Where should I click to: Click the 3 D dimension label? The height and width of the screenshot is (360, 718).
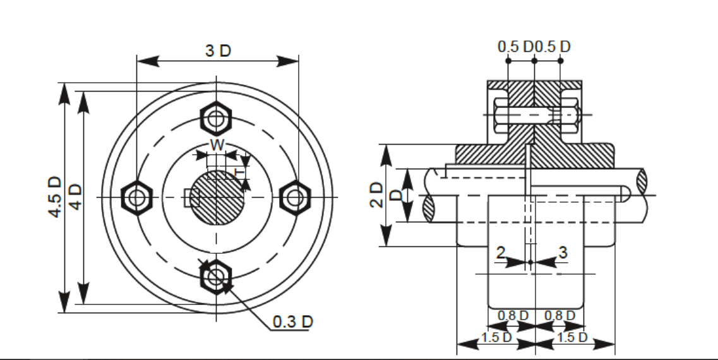(x=218, y=51)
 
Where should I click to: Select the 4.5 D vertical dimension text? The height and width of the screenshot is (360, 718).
(x=56, y=197)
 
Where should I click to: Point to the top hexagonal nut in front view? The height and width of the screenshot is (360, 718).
(x=217, y=117)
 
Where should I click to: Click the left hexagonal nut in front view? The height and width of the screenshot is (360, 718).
(x=136, y=198)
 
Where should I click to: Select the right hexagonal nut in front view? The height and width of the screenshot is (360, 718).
(x=294, y=198)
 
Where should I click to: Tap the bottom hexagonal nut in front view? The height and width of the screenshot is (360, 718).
(x=216, y=276)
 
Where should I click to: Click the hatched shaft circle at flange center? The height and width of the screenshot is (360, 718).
(x=217, y=198)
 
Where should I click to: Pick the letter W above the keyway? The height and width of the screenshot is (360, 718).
(x=217, y=145)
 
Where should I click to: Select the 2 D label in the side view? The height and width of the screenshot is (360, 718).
(x=376, y=195)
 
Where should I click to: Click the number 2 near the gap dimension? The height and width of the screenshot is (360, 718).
(x=501, y=253)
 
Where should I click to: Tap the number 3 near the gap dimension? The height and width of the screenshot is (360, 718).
(x=563, y=253)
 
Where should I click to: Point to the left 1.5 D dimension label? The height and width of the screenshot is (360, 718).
(x=496, y=337)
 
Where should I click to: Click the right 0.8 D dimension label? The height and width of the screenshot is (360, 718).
(x=559, y=315)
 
